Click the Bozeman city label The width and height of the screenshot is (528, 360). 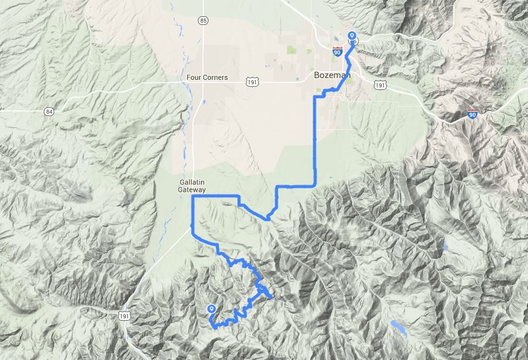click(x=331, y=75)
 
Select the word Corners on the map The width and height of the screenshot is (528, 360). click(x=216, y=78)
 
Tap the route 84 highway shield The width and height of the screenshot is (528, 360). click(x=49, y=111)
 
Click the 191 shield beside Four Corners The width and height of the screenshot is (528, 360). click(x=252, y=82)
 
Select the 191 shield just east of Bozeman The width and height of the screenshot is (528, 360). click(x=381, y=84)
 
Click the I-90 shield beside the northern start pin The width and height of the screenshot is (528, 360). click(x=338, y=52)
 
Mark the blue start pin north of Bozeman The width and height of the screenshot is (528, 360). click(x=351, y=37)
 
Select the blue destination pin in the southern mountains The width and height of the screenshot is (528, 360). click(x=212, y=309)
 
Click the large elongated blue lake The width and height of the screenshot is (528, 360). click(x=398, y=328)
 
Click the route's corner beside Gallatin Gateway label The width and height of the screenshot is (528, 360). click(x=192, y=197)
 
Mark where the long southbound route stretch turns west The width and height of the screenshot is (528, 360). click(x=315, y=185)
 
